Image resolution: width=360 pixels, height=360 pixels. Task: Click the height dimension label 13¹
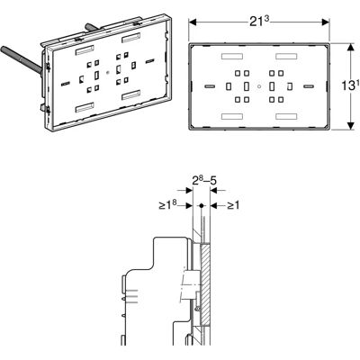click(350, 86)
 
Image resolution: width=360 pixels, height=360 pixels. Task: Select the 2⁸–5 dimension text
click(204, 181)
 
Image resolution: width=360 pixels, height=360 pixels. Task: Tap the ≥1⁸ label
click(167, 205)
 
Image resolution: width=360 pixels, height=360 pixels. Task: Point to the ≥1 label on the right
click(233, 205)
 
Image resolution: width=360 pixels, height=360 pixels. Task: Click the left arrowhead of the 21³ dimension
click(193, 22)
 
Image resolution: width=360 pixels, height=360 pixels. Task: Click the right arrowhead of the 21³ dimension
click(326, 22)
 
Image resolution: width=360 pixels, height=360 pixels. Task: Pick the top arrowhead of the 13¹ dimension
click(351, 48)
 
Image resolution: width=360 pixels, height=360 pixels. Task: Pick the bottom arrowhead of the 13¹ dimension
click(351, 126)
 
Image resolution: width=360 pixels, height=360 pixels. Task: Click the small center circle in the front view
click(259, 86)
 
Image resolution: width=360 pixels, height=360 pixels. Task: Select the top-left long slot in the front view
click(232, 57)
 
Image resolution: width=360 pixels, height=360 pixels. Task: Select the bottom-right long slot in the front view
click(286, 116)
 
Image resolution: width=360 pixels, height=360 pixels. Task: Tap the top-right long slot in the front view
click(286, 57)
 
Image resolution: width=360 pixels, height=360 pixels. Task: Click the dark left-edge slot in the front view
click(210, 86)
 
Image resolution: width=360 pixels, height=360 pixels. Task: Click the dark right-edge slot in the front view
click(309, 86)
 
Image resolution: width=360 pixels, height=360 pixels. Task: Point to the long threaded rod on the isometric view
click(22, 59)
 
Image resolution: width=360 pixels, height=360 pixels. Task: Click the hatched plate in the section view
click(205, 284)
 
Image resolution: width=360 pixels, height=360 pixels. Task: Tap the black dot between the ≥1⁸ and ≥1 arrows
click(202, 206)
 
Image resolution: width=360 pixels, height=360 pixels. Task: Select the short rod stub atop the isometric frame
click(93, 27)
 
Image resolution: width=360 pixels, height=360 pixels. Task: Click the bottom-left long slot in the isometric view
click(85, 108)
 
